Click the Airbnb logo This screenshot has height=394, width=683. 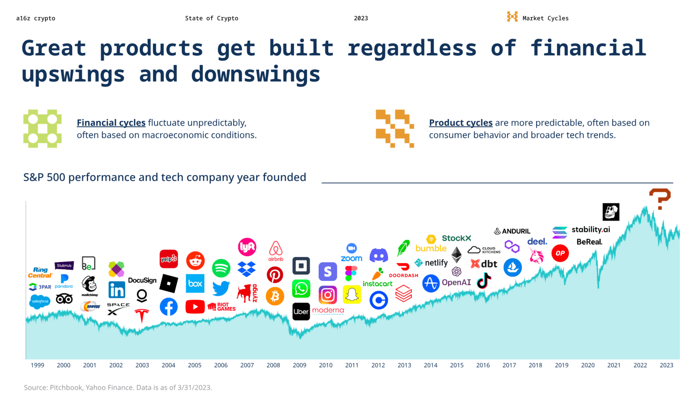(x=275, y=251)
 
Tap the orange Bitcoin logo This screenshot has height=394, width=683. (x=275, y=296)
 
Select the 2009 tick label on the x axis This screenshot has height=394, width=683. (x=299, y=365)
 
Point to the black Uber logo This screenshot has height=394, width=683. (x=301, y=312)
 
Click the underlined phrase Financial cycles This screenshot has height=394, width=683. (x=111, y=123)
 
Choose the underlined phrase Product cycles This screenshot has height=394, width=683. (x=460, y=123)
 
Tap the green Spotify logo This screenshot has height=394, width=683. (x=221, y=268)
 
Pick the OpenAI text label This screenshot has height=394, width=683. (x=456, y=282)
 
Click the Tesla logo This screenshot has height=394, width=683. (x=142, y=315)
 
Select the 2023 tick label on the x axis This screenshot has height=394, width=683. (x=666, y=365)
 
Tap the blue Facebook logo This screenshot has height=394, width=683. (x=169, y=307)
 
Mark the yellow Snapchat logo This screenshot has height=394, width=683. (x=352, y=294)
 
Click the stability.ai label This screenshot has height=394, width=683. (x=591, y=229)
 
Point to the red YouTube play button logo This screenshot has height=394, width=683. (x=195, y=307)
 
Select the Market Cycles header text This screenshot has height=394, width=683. (x=545, y=18)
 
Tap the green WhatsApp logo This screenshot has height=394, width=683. (x=301, y=289)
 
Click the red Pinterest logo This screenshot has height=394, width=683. (x=275, y=275)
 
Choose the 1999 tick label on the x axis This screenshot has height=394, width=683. (x=37, y=365)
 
